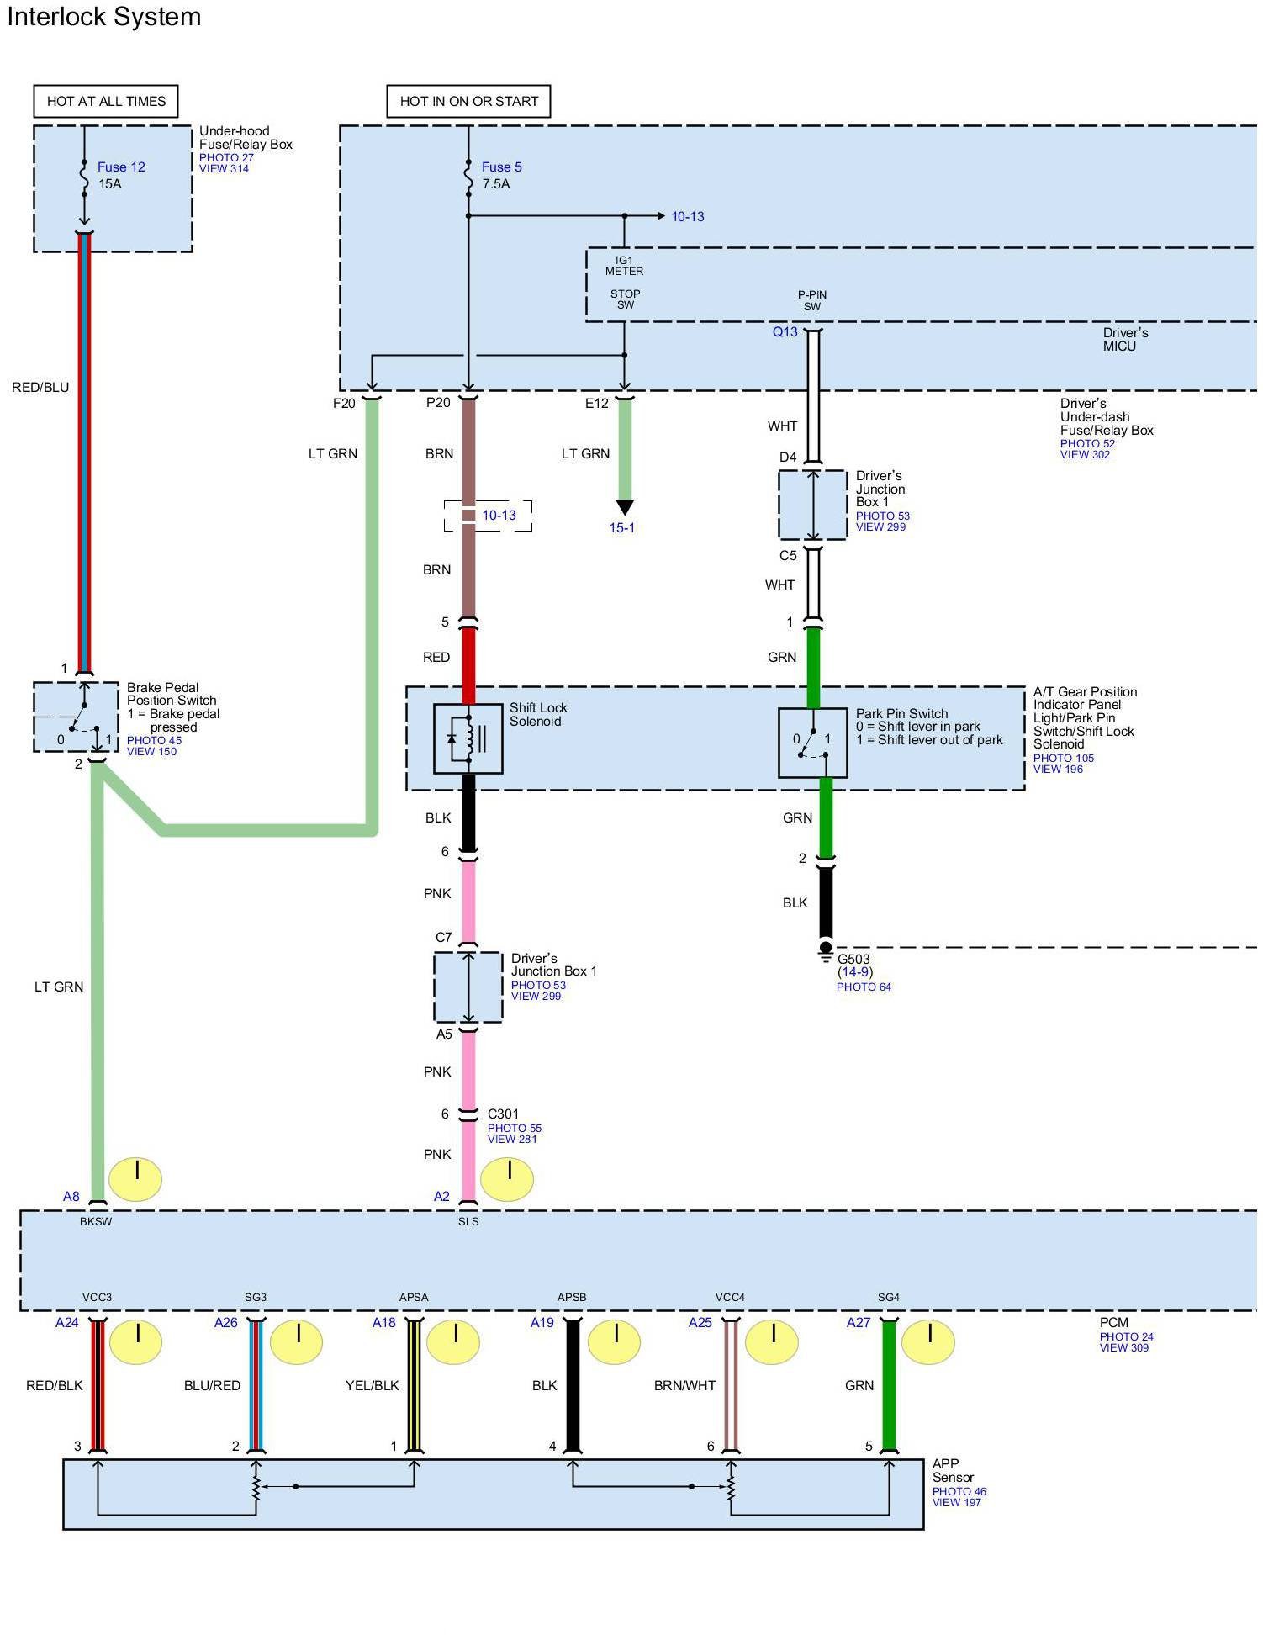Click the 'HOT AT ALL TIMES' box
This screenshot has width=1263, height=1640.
[106, 101]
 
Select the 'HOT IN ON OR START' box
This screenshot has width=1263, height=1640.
[468, 101]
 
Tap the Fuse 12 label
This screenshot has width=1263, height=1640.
[121, 167]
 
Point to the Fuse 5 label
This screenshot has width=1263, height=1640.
[501, 167]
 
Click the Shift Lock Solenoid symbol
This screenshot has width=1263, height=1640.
[468, 738]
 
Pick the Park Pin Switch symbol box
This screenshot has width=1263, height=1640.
[812, 743]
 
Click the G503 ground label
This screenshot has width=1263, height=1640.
[853, 959]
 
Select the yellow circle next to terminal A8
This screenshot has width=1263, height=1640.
[136, 1178]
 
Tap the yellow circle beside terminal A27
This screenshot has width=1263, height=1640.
[928, 1341]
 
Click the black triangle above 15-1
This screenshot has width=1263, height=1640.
[625, 507]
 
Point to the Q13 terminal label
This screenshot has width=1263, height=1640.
[785, 332]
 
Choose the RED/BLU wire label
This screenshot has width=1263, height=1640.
[40, 387]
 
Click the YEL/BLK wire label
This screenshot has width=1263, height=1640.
[372, 1385]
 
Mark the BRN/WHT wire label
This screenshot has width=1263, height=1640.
[684, 1385]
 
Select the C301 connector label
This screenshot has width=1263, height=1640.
[503, 1114]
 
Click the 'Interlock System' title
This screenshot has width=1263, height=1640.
[104, 17]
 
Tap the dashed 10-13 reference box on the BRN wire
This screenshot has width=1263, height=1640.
[489, 515]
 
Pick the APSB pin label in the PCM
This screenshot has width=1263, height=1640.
[572, 1297]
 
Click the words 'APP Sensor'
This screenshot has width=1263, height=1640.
[953, 1470]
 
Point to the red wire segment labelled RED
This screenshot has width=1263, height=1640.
[468, 664]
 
